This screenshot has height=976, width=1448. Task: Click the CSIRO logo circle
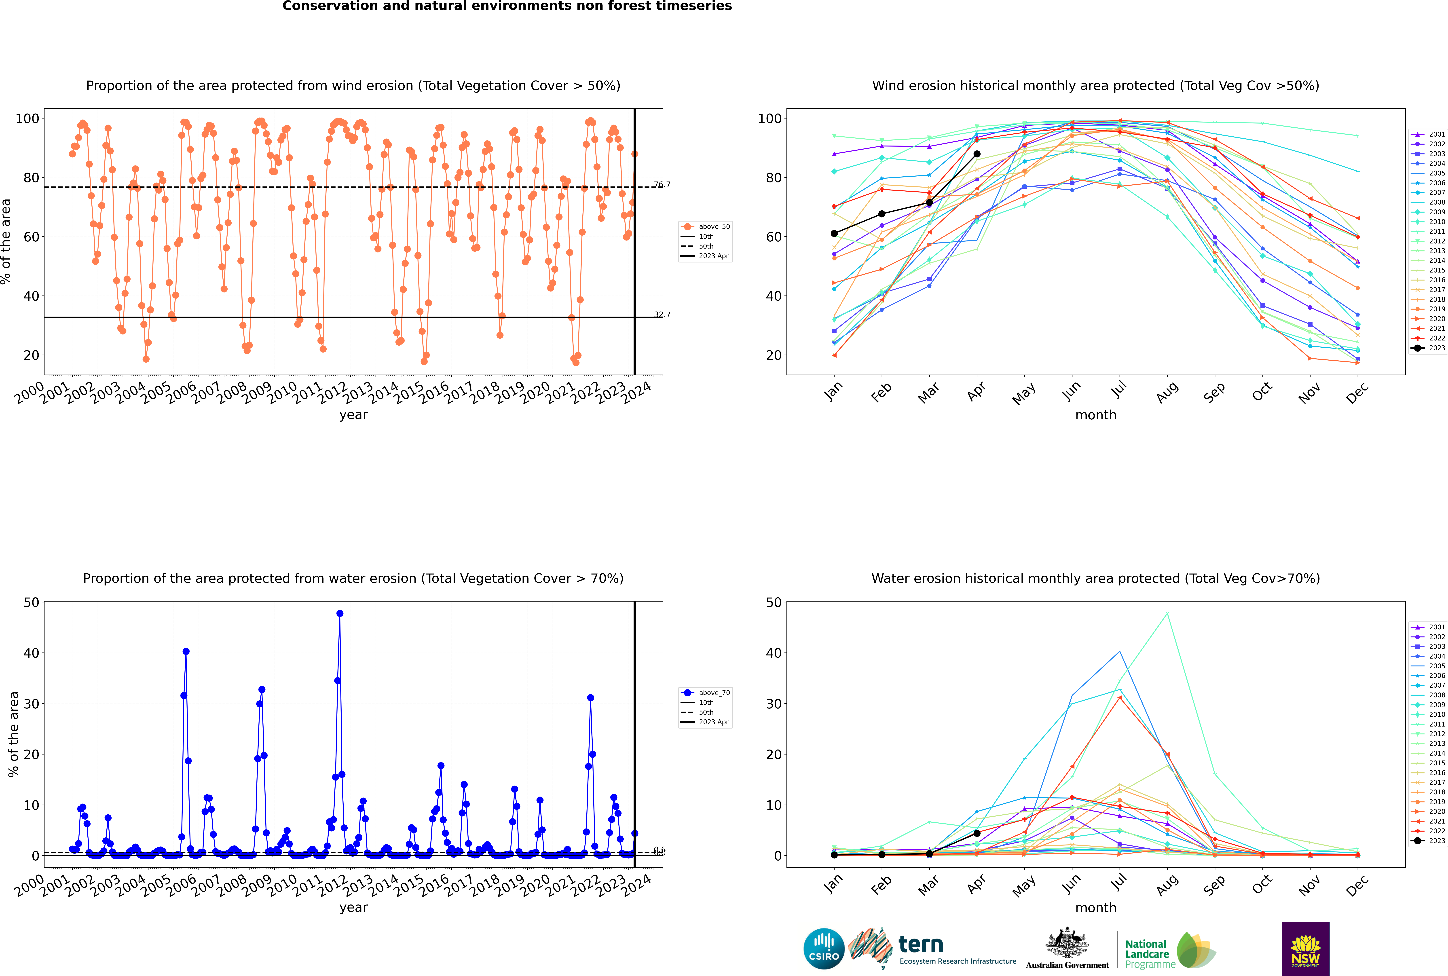pyautogui.click(x=824, y=949)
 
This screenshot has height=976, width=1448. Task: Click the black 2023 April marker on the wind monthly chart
pyautogui.click(x=977, y=154)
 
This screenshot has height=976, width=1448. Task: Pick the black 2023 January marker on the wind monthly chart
pyautogui.click(x=834, y=233)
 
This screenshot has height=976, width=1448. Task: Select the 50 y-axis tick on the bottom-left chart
pyautogui.click(x=31, y=602)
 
